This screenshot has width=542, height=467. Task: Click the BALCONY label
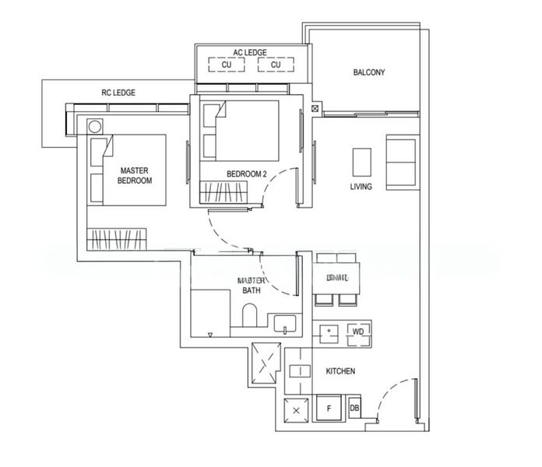[x=369, y=73]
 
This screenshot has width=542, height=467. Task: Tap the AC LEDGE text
[x=250, y=53]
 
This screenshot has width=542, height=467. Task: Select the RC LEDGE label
[x=118, y=93]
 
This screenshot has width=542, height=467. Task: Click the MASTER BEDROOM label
[x=134, y=175]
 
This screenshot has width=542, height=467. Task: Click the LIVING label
[x=361, y=187]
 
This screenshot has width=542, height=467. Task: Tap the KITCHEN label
[x=340, y=371]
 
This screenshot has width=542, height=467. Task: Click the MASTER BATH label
[x=253, y=285]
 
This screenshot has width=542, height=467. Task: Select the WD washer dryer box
[x=358, y=332]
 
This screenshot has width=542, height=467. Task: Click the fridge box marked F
[x=329, y=407]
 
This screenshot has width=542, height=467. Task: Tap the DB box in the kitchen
[x=354, y=407]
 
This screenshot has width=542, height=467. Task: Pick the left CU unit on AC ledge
[x=227, y=65]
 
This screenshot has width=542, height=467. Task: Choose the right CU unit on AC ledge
[x=275, y=65]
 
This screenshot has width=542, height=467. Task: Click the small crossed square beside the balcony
[x=315, y=109]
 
